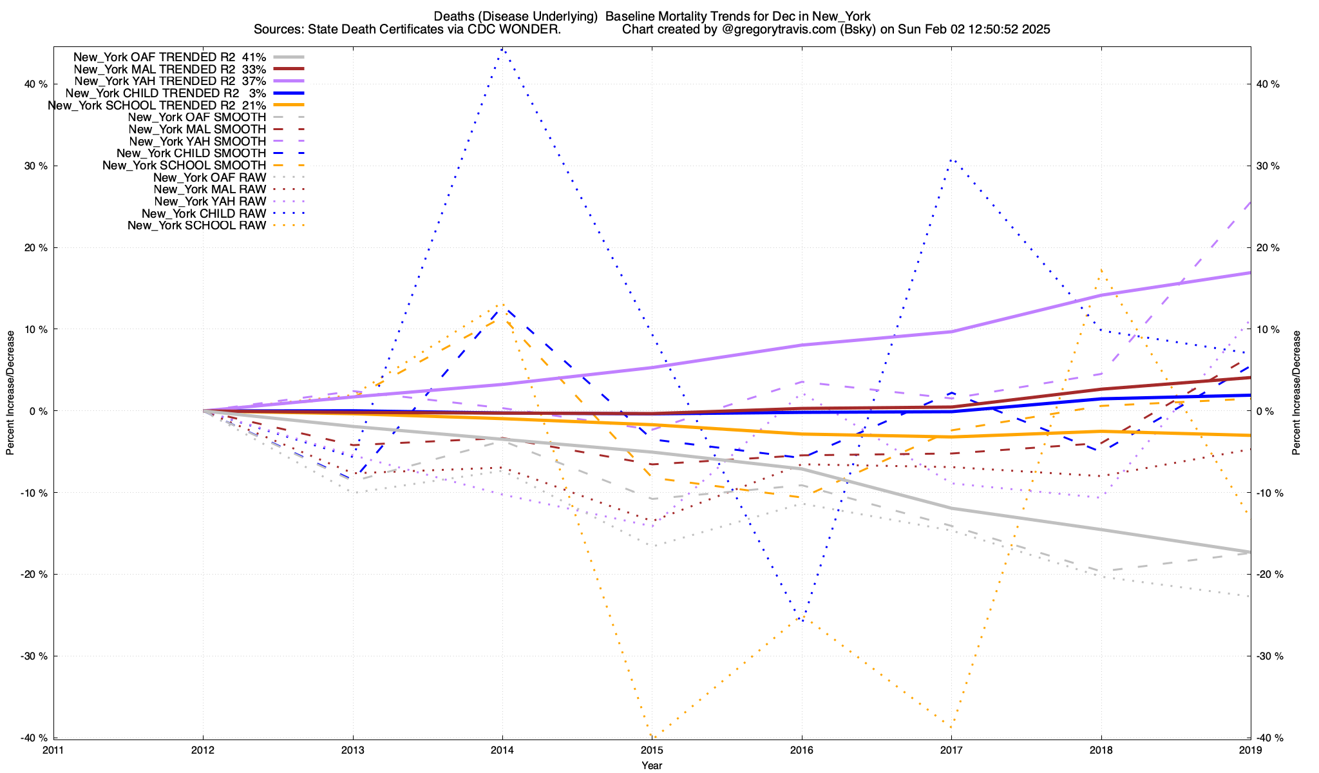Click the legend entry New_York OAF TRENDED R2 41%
169,57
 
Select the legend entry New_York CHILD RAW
204,213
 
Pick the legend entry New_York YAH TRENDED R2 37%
170,81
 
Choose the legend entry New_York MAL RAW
210,189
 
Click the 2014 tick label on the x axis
502,750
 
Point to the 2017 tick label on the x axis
951,750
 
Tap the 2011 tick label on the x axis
53,750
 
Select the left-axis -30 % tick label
35,656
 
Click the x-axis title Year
652,765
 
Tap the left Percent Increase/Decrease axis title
10,393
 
